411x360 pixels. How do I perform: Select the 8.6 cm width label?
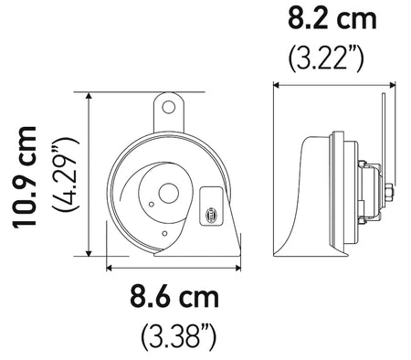[174, 298]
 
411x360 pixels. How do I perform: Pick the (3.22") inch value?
[327, 58]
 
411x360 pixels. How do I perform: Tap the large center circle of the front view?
[167, 194]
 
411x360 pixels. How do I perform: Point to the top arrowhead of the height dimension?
[88, 96]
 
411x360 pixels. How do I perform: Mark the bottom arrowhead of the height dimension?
[88, 255]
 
